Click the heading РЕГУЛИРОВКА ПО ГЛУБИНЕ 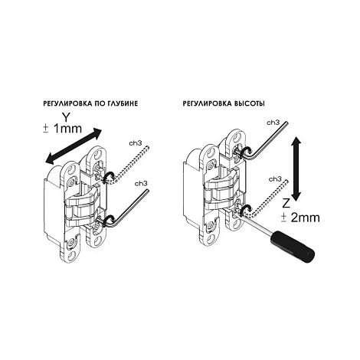coord(90,103)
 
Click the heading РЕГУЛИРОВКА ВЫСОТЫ coord(224,103)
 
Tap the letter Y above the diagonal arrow coord(66,117)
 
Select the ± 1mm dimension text coord(63,129)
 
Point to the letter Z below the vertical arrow coord(286,204)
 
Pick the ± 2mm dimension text coord(300,218)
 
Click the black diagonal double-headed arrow coord(74,146)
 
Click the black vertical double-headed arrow coord(296,169)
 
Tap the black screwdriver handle coord(293,243)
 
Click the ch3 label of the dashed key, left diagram coord(136,143)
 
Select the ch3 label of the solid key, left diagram coord(141,183)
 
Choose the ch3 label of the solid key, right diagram coord(273,123)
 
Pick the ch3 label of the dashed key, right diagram coord(275,179)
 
